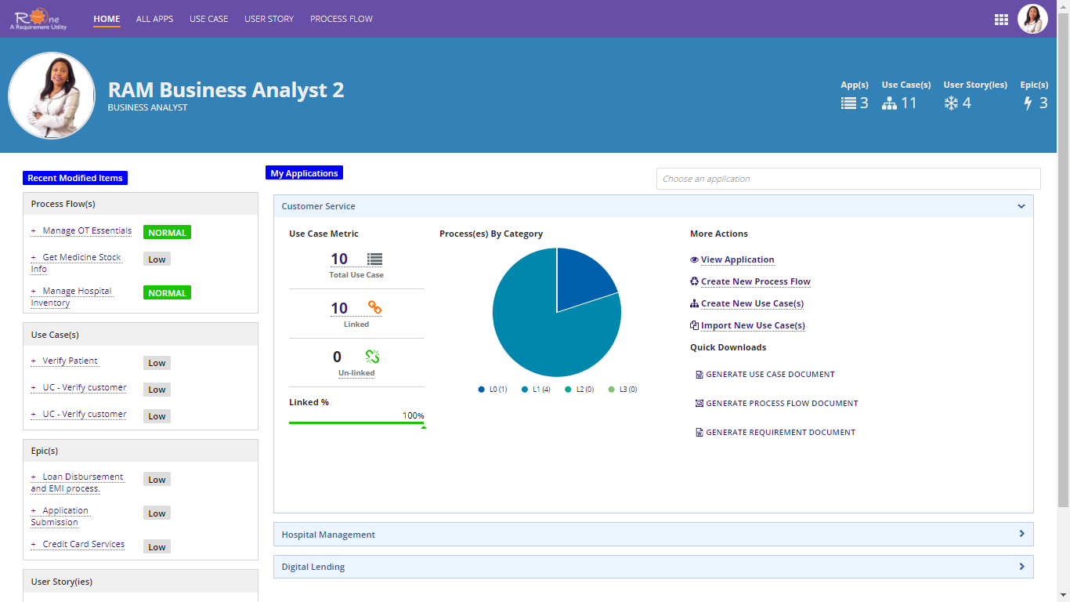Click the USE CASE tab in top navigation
[x=208, y=19]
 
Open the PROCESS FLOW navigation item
[x=341, y=19]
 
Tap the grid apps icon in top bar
[x=1000, y=20]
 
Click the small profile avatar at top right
[x=1032, y=19]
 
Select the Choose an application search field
[x=848, y=179]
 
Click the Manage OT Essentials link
[x=87, y=231]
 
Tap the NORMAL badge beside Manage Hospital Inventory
[x=167, y=293]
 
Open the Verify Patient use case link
[x=70, y=361]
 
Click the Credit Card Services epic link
[x=83, y=545]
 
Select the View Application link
[x=737, y=260]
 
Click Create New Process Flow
[x=755, y=282]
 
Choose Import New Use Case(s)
[x=752, y=326]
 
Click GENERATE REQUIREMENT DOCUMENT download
[x=780, y=433]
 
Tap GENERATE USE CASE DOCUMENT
[x=770, y=375]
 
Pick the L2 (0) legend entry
[x=584, y=390]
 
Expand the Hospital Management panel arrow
[x=1021, y=534]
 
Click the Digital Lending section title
[x=313, y=567]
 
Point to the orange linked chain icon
[x=374, y=307]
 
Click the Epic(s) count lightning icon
[x=1028, y=103]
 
